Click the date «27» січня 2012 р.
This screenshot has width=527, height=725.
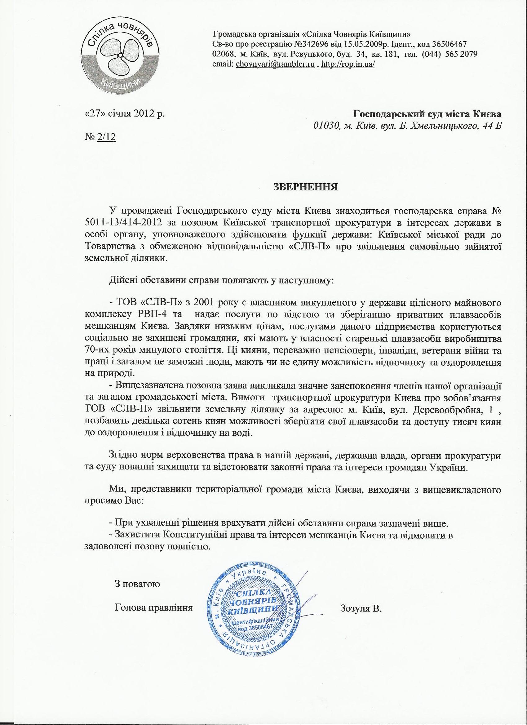pyautogui.click(x=125, y=114)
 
